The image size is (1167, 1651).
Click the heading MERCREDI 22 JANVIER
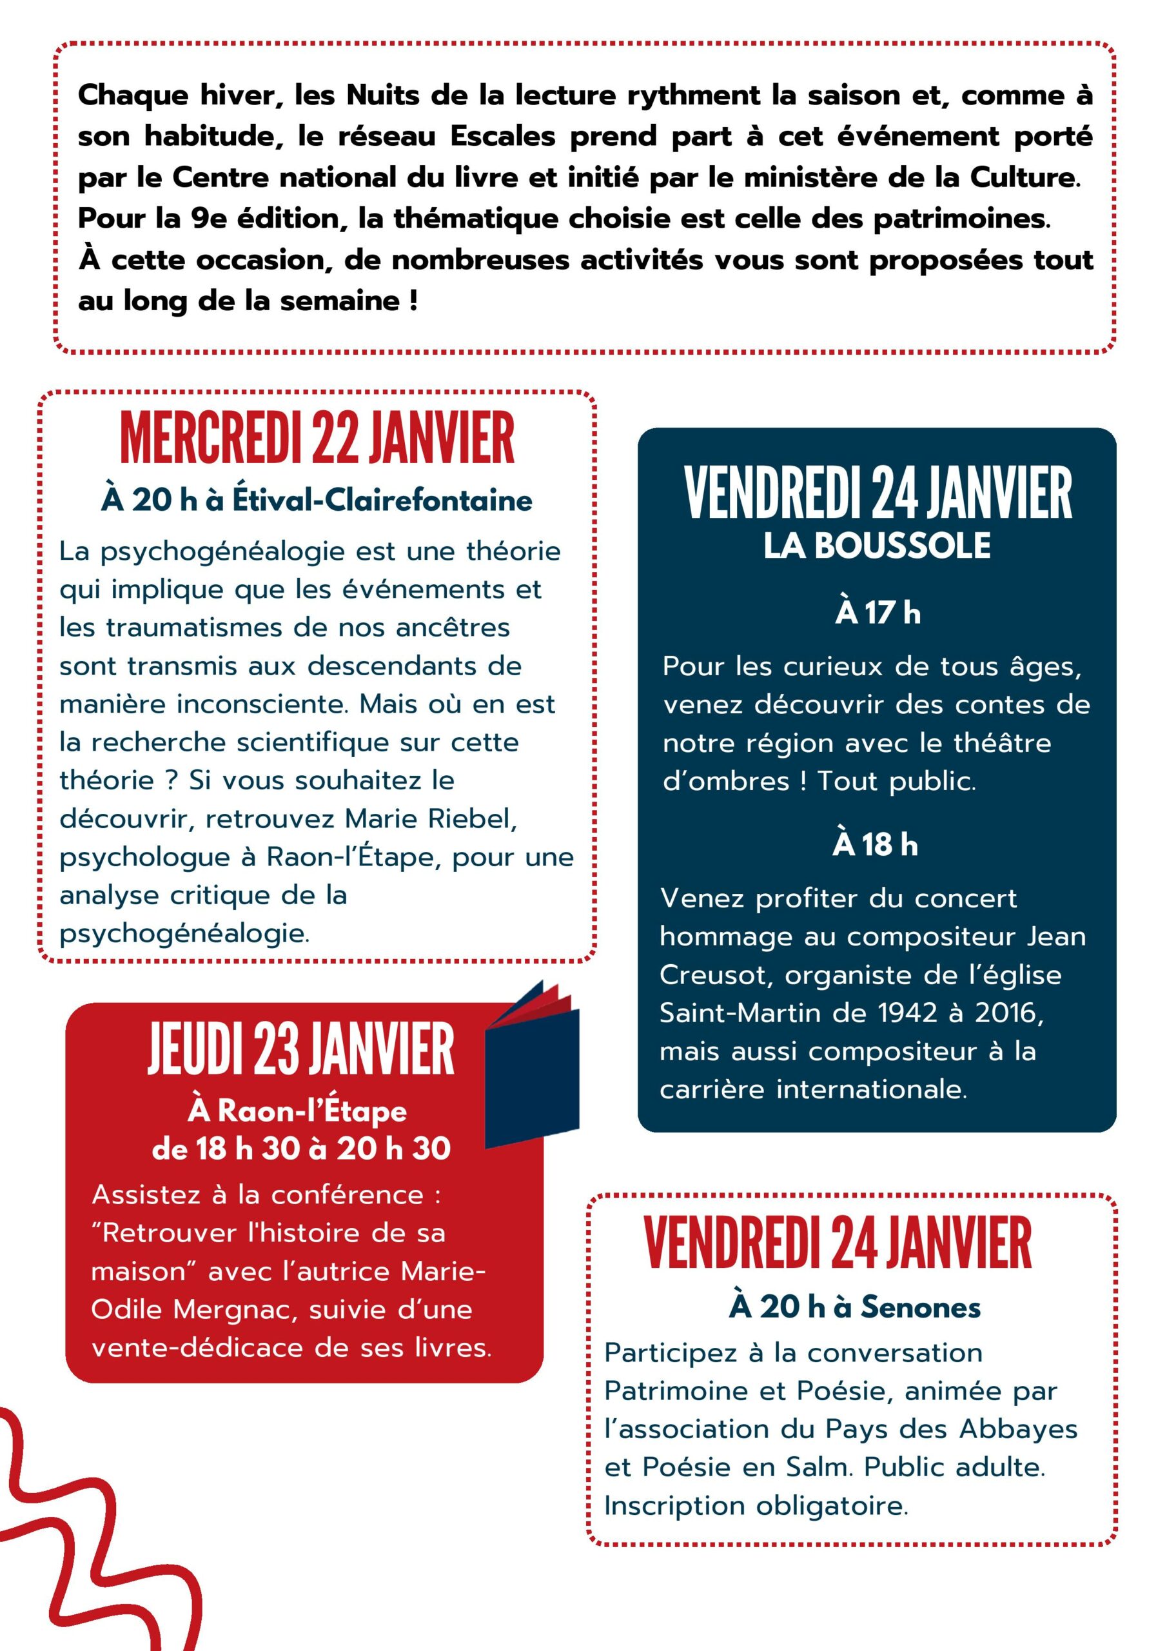click(x=317, y=438)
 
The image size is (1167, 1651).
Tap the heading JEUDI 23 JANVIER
click(x=301, y=1050)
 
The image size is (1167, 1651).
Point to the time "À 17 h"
click(x=878, y=613)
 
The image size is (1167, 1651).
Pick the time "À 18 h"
click(x=875, y=844)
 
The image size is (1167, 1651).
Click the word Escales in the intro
click(x=503, y=137)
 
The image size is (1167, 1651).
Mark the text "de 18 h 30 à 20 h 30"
click(x=301, y=1149)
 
